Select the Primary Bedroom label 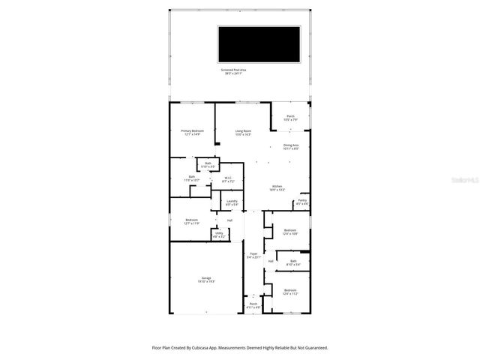pos(192,131)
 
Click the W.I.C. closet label pos(229,178)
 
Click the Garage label pos(206,279)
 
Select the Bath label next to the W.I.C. pos(192,178)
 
